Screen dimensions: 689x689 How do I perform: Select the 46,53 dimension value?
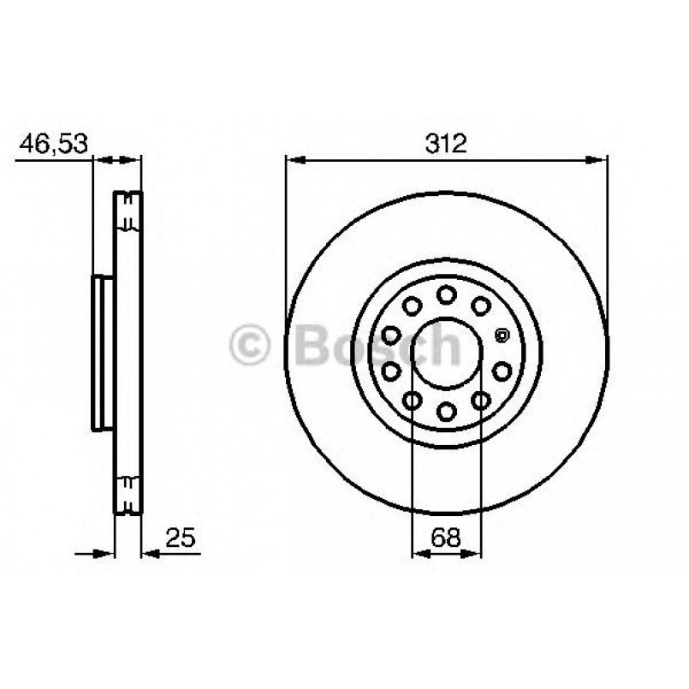coord(54,143)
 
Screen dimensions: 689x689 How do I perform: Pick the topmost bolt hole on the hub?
coord(446,294)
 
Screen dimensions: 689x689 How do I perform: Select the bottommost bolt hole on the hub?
coord(446,412)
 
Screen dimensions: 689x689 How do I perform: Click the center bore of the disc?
coord(446,353)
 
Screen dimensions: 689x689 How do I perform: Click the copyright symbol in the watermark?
coord(251,347)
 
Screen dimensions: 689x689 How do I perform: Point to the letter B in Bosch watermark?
coord(313,347)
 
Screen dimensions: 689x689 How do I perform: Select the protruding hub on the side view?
coord(102,353)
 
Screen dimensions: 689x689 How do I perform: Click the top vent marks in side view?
coord(128,211)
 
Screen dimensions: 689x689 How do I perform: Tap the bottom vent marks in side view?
coord(128,494)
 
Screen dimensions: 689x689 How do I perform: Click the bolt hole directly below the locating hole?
coord(502,371)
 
